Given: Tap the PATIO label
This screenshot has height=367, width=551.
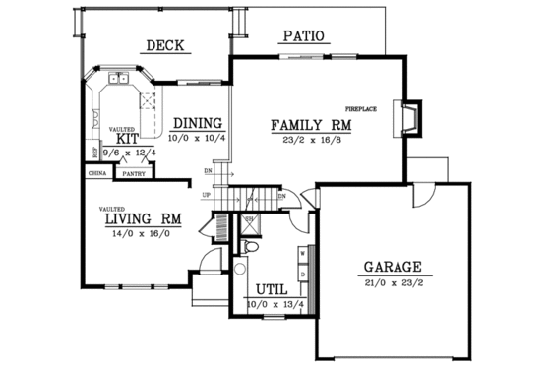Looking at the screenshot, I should [303, 37].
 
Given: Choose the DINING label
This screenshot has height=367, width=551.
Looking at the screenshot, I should [197, 124].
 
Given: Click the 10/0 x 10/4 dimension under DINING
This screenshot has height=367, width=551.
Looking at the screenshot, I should [198, 139].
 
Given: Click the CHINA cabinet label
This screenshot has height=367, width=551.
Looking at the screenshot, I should [97, 173].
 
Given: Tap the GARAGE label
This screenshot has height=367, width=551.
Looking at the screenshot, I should [393, 267].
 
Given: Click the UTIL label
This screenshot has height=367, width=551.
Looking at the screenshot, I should [272, 290].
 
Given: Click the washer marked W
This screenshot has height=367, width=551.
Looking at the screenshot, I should [302, 250].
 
